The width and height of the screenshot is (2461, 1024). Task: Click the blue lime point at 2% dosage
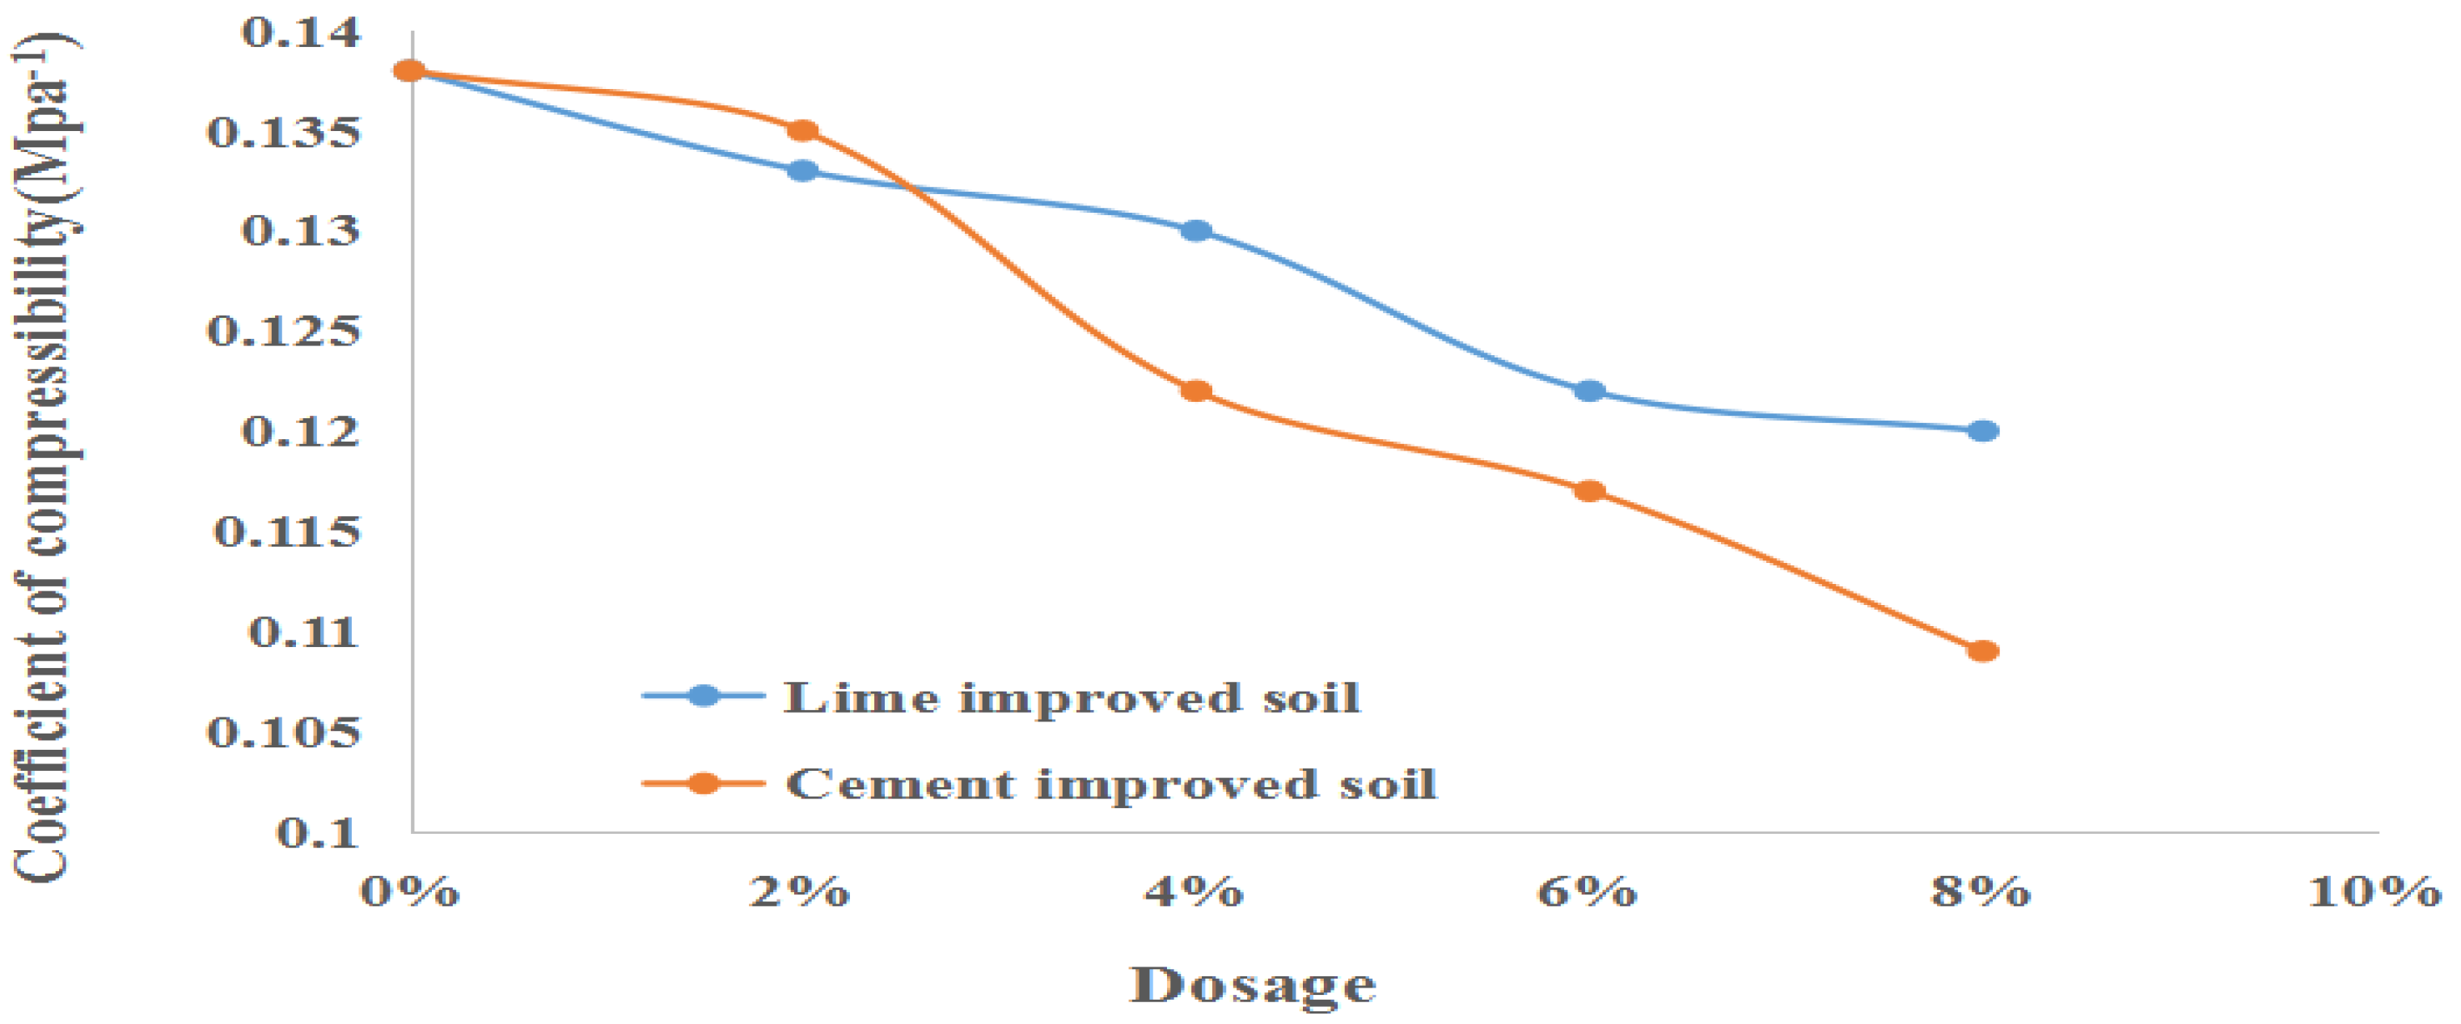point(802,171)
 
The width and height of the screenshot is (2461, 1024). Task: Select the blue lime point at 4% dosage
point(1196,231)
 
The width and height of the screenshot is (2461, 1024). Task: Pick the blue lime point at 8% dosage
point(1983,431)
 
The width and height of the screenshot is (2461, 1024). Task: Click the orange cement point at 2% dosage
point(802,131)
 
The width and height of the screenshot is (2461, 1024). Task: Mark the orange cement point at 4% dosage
point(1196,391)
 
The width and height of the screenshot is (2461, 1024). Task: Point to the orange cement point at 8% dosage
point(1983,651)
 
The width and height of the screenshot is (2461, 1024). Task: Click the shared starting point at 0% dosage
point(410,70)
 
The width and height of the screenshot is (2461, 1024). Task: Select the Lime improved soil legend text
point(1072,698)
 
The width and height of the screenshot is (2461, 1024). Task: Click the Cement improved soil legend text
point(1111,785)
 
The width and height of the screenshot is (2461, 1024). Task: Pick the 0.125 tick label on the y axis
point(284,332)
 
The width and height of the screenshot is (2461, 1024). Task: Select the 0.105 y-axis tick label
point(284,733)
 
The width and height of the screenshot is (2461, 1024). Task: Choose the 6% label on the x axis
point(1587,892)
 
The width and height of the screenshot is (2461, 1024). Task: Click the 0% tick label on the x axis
point(410,892)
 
